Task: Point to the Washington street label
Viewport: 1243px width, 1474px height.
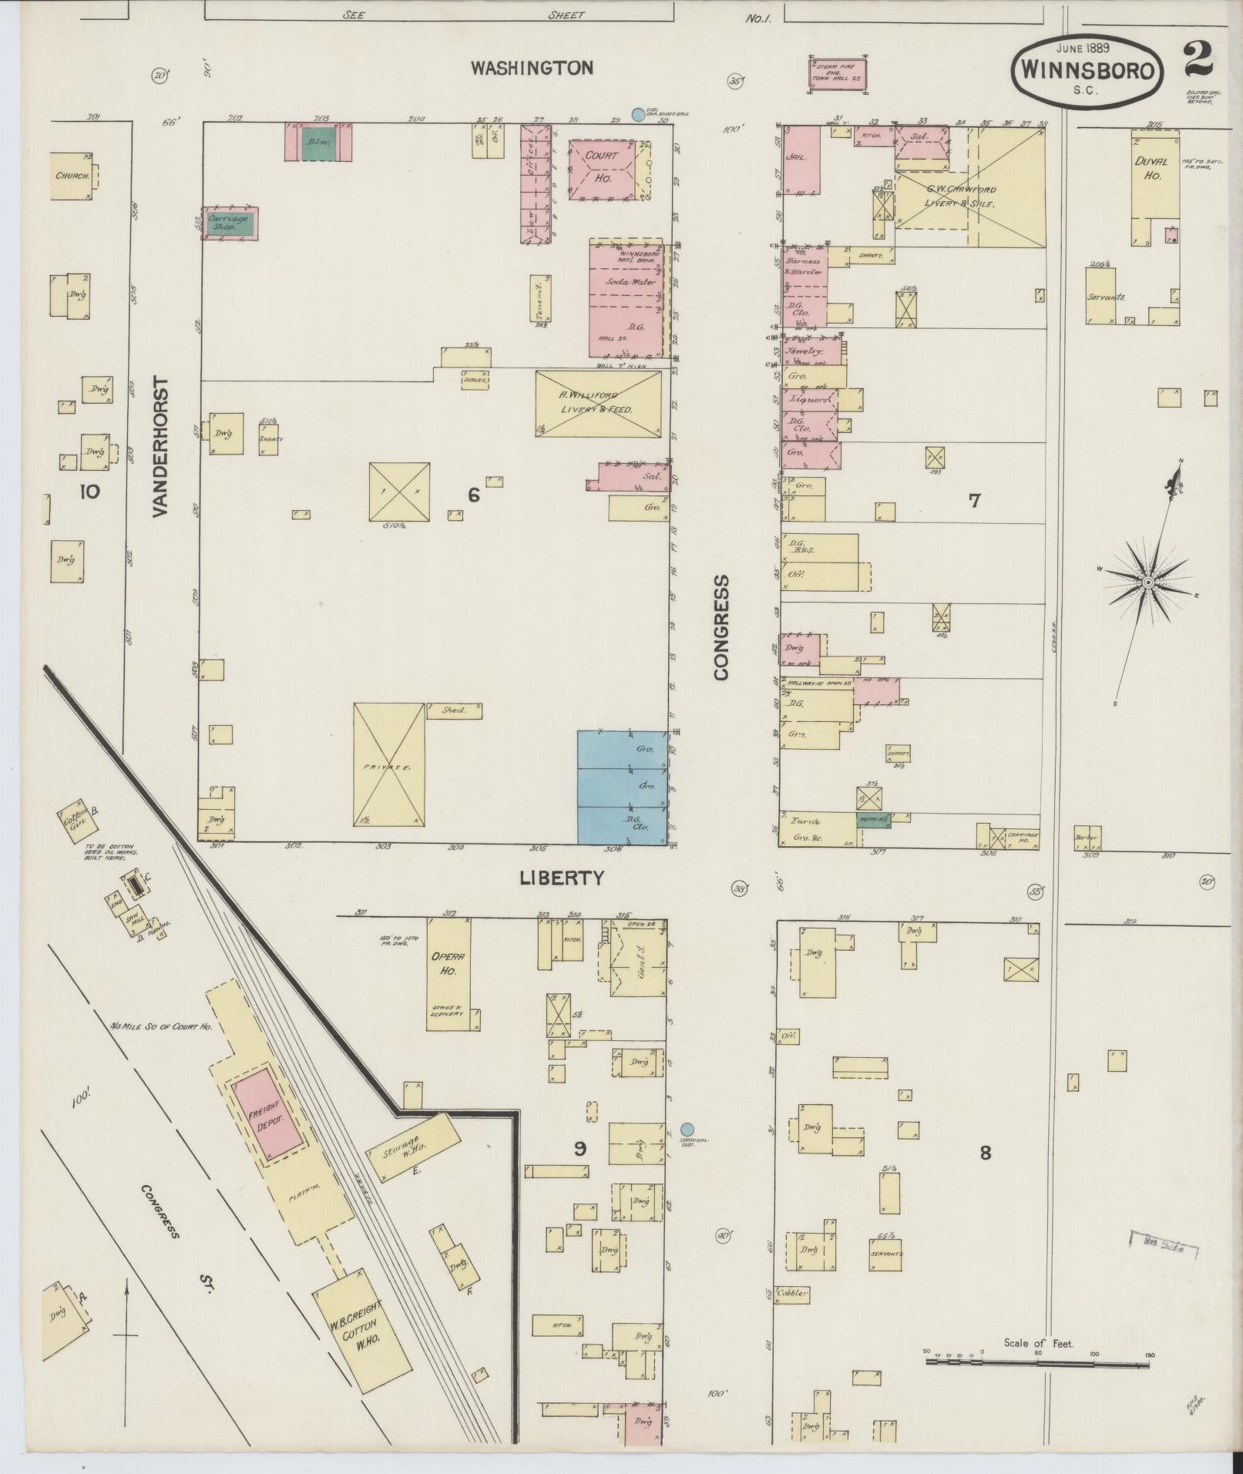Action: pos(532,69)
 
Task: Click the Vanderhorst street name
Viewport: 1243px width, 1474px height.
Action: pos(161,447)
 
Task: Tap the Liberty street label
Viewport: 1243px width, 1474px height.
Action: pos(561,878)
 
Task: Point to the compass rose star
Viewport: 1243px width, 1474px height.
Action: pos(1147,583)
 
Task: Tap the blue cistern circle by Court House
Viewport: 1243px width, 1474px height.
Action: pos(637,115)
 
